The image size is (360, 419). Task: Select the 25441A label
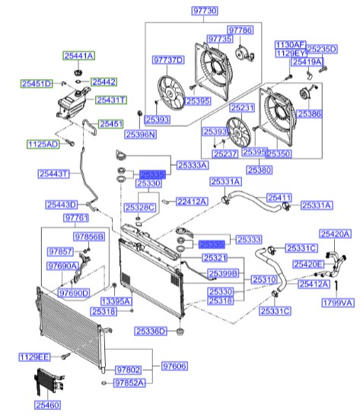tap(78, 56)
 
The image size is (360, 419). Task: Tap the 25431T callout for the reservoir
tap(111, 100)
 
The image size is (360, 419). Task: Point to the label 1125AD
tap(43, 143)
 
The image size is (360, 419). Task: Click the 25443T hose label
tap(54, 173)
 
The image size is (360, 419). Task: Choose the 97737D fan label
tap(167, 59)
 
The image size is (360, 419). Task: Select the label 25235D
tap(321, 49)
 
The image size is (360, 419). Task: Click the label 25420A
tap(335, 234)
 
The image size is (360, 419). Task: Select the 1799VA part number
tap(338, 303)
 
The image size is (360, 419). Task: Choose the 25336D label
tap(151, 331)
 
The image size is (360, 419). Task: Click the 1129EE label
tap(34, 356)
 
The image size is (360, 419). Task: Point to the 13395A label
tap(118, 301)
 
